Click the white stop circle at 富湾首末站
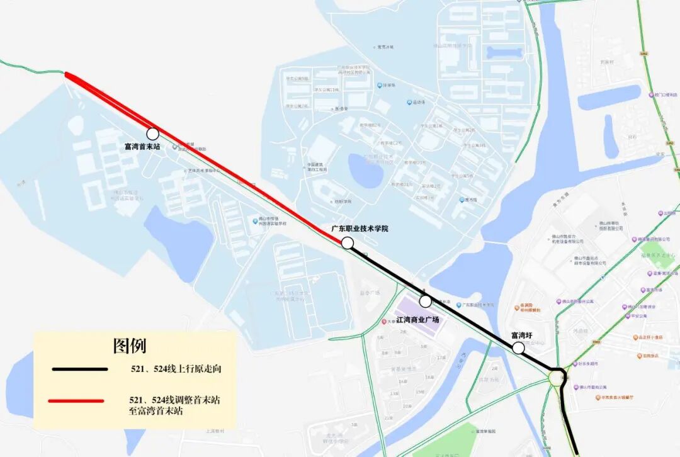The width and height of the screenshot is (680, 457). coord(152,133)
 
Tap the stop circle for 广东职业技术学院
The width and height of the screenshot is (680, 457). coord(348,243)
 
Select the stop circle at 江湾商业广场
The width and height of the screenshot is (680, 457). coord(425,301)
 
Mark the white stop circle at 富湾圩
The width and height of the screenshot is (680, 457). coord(518,347)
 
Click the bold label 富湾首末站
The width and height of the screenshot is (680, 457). coord(142,147)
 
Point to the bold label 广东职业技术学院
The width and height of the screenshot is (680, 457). coord(360,228)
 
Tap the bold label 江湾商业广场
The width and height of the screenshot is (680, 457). coord(417,320)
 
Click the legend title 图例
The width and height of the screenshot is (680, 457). coord(130,346)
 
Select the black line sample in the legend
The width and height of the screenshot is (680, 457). coord(80,369)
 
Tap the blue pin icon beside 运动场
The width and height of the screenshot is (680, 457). coord(409,102)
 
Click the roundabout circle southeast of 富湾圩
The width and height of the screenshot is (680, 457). coord(557,378)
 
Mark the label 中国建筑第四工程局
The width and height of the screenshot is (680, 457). coord(317,167)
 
